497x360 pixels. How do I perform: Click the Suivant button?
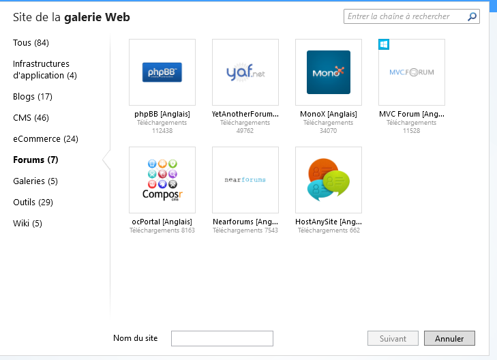pyautogui.click(x=393, y=338)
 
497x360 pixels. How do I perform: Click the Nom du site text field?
pyautogui.click(x=222, y=338)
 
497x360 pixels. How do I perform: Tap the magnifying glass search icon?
pyautogui.click(x=472, y=16)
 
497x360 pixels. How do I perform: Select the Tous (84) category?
pyautogui.click(x=31, y=43)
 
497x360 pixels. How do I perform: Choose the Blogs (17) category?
pyautogui.click(x=32, y=97)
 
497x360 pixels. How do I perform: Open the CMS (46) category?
pyautogui.click(x=31, y=118)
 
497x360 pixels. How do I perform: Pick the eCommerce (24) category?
pyautogui.click(x=45, y=139)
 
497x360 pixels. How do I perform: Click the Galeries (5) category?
pyautogui.click(x=35, y=181)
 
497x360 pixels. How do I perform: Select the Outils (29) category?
pyautogui.click(x=33, y=202)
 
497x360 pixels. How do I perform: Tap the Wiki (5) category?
pyautogui.click(x=27, y=224)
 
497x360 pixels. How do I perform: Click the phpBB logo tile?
pyautogui.click(x=162, y=72)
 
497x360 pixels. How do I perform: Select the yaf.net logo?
pyautogui.click(x=245, y=72)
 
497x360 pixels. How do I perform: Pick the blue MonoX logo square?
pyautogui.click(x=329, y=72)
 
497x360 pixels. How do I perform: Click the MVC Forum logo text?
pyautogui.click(x=411, y=72)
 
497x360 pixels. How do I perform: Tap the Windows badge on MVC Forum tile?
pyautogui.click(x=384, y=44)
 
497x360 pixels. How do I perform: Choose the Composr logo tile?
pyautogui.click(x=162, y=180)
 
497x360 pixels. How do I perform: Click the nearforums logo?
pyautogui.click(x=245, y=180)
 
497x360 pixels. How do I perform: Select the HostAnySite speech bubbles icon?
pyautogui.click(x=329, y=180)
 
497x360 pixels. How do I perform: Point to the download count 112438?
pyautogui.click(x=162, y=130)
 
